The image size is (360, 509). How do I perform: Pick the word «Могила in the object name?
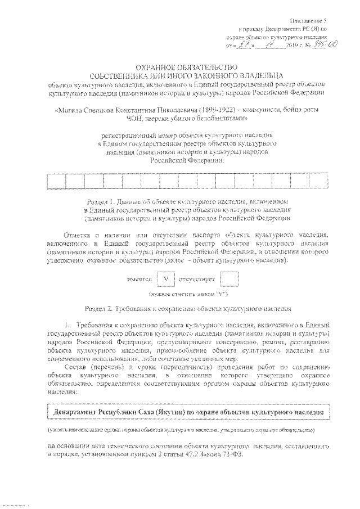coord(69,111)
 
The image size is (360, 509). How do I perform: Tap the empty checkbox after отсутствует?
coord(229,278)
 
